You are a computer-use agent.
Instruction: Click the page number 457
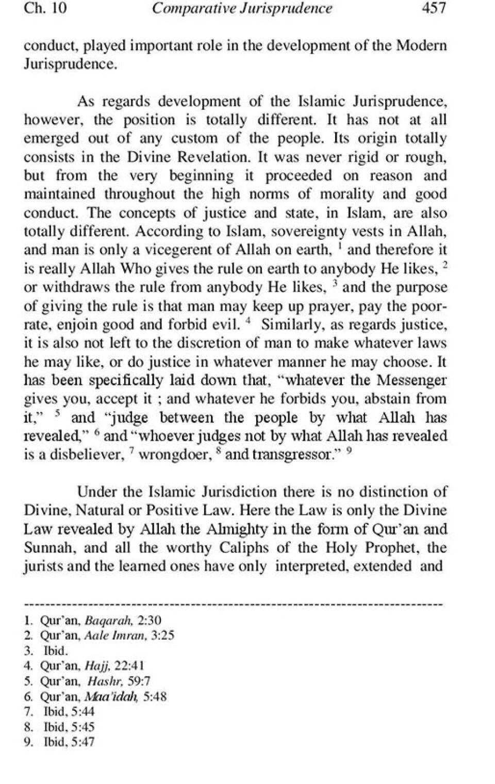click(433, 8)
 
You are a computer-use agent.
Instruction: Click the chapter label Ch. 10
click(45, 8)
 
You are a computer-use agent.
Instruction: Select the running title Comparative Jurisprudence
click(242, 8)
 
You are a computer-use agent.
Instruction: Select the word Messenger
click(412, 380)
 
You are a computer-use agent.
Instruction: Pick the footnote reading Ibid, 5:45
click(69, 727)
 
